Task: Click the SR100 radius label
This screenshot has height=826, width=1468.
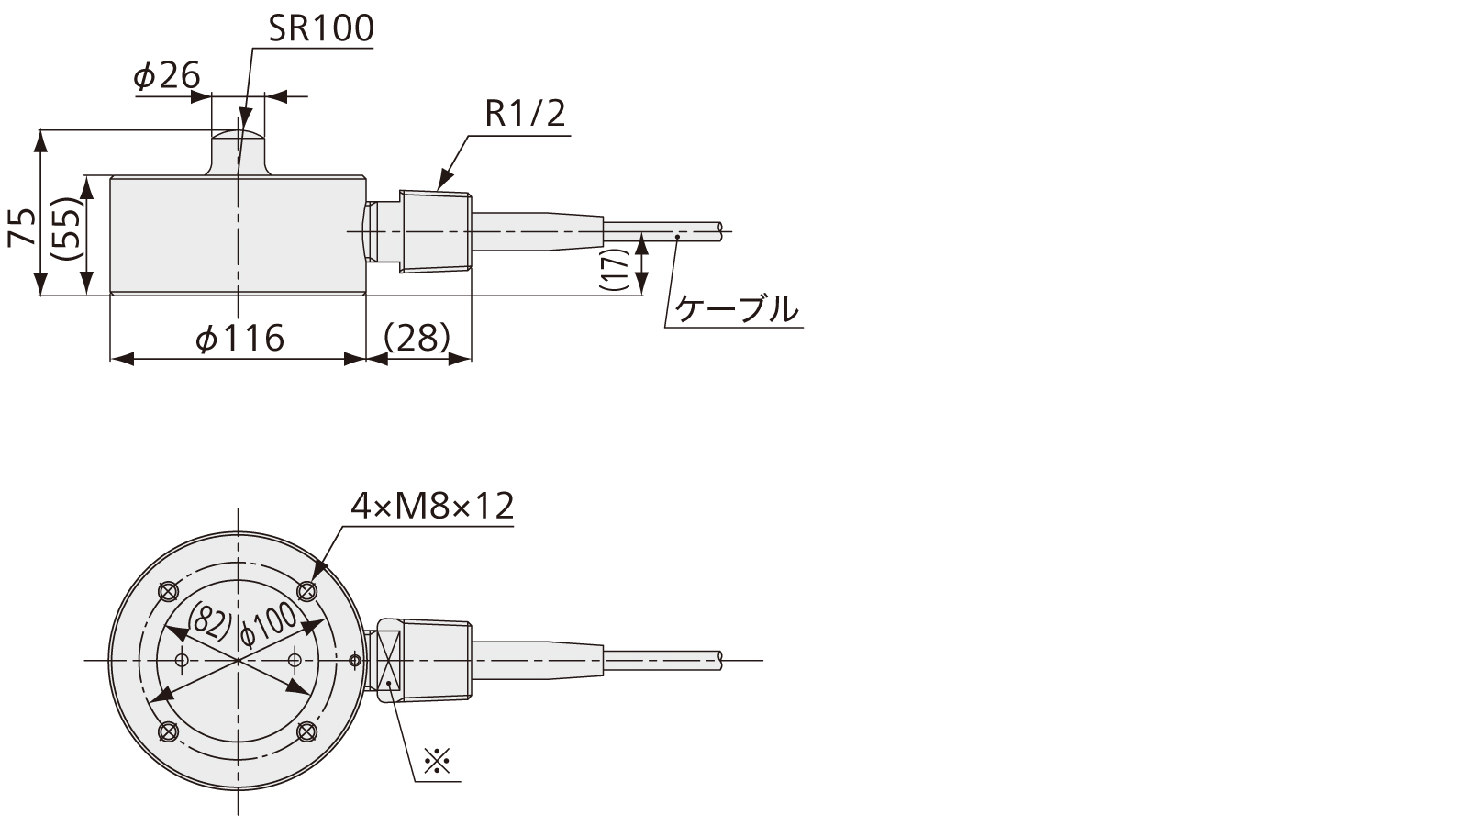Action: point(320,29)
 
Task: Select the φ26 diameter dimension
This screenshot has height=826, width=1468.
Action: point(166,77)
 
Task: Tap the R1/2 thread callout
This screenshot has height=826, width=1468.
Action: point(525,115)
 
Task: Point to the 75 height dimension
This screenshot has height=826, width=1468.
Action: point(23,227)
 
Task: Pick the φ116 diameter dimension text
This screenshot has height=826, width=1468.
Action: point(239,340)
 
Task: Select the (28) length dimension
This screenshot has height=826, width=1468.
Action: point(417,338)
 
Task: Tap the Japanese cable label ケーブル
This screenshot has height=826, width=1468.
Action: point(737,309)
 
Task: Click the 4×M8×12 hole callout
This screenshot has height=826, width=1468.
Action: point(432,506)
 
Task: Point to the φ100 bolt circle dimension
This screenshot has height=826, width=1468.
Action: point(269,624)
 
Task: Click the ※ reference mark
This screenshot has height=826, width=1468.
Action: point(438,762)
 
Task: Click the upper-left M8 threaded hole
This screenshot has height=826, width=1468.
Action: point(167,590)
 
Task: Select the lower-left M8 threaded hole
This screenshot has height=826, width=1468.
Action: point(167,731)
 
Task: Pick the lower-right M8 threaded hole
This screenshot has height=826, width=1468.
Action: point(308,731)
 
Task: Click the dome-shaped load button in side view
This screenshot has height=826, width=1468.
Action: point(238,151)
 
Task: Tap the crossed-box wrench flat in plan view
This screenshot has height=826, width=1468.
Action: point(389,660)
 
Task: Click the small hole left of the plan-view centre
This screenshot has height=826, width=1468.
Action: point(182,660)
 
